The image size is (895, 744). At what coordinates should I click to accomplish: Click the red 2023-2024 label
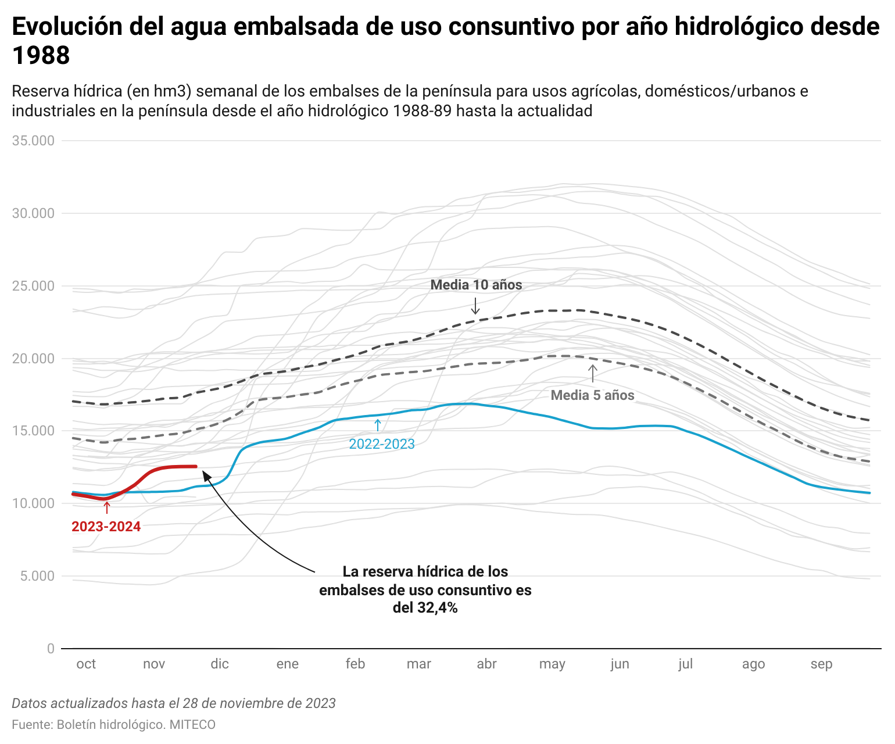[x=106, y=527]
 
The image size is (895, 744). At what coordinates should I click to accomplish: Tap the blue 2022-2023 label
[x=381, y=444]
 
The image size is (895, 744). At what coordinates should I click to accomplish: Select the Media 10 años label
[x=476, y=285]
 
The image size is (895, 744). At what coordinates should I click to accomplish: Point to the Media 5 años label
[x=592, y=395]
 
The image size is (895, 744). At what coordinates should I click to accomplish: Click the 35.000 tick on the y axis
[x=33, y=141]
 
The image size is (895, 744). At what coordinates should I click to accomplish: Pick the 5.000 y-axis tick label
[x=36, y=576]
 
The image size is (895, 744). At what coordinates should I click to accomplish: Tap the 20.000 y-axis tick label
[x=33, y=359]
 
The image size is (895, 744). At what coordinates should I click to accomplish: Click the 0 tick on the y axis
[x=51, y=649]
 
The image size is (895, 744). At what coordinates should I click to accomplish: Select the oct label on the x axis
[x=86, y=664]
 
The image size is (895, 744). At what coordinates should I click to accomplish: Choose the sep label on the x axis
[x=821, y=664]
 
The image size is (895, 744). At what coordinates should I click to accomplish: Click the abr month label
[x=486, y=664]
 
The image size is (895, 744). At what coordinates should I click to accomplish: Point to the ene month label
[x=287, y=664]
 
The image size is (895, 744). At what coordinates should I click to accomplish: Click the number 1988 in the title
[x=41, y=56]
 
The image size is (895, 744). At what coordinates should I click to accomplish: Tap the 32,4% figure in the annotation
[x=437, y=608]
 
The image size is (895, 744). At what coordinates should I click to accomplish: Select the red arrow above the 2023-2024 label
[x=106, y=507]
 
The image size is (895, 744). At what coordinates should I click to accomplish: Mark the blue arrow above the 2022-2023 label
[x=378, y=425]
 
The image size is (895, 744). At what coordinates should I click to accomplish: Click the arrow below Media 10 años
[x=475, y=306]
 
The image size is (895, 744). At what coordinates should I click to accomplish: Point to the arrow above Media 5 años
[x=592, y=373]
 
